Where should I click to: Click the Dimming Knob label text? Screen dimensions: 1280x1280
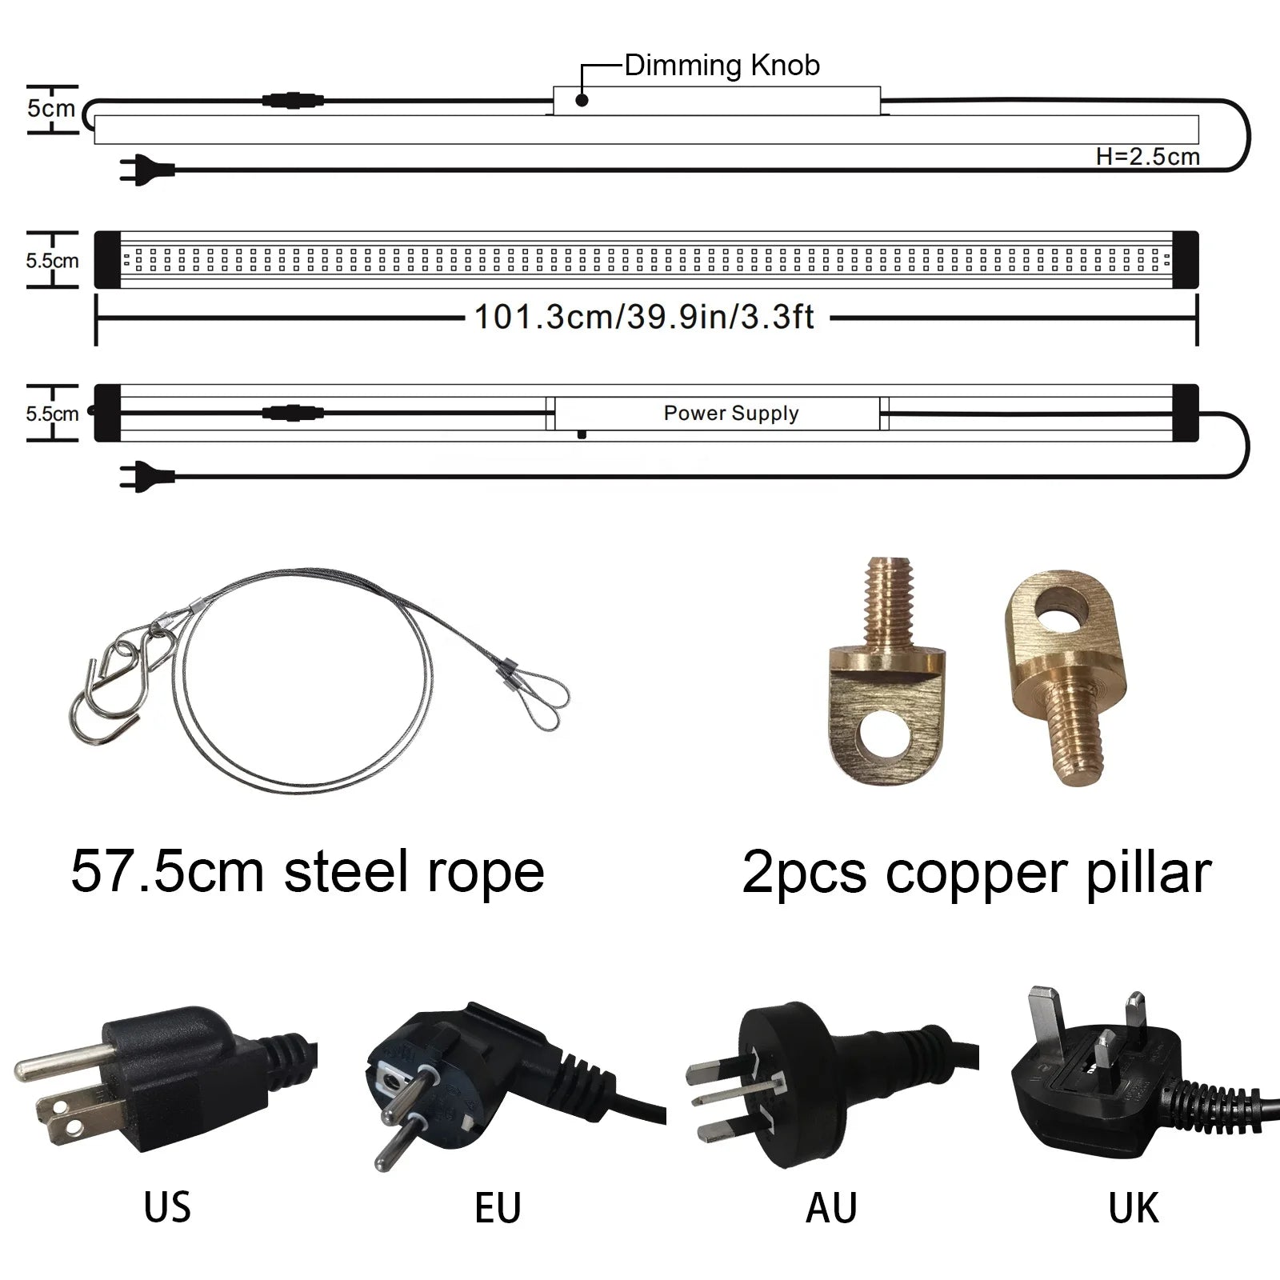722,66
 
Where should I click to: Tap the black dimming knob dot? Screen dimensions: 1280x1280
582,100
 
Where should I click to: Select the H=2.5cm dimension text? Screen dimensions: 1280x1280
1147,157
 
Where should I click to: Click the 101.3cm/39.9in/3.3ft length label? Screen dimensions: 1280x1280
644,318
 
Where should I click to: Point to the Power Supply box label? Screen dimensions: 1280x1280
730,414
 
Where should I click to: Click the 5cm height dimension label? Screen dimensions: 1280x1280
50,108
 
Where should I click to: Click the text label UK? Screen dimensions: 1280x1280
1133,1208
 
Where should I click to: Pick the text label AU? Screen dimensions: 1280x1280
831,1208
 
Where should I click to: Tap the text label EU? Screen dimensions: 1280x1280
498,1208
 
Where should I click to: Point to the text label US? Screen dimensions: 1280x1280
167,1208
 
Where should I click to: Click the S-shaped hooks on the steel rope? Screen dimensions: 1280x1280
120,680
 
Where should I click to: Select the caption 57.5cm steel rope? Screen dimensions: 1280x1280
307,872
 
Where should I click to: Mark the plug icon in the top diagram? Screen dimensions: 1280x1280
144,170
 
